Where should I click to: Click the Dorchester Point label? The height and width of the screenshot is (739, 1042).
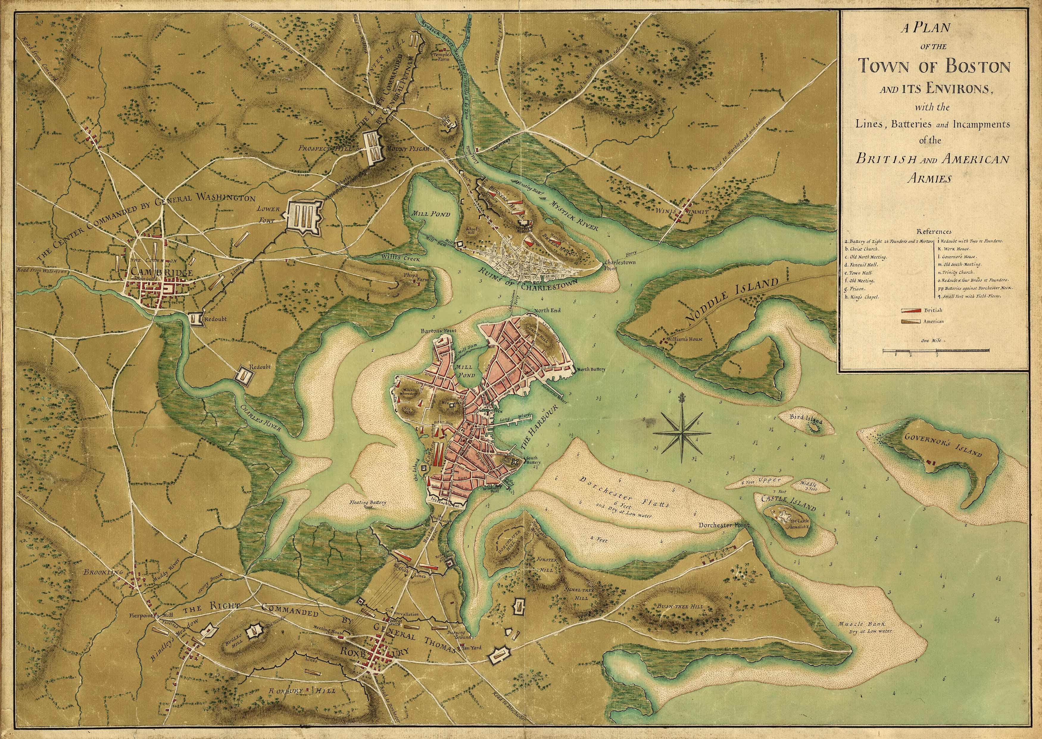tap(723, 525)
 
